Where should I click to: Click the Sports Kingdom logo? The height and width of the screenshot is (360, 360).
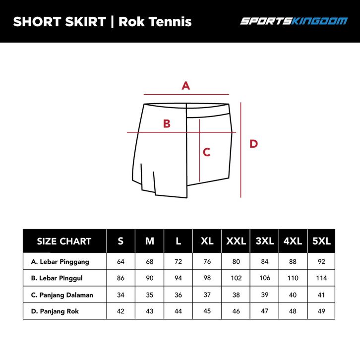pyautogui.click(x=294, y=21)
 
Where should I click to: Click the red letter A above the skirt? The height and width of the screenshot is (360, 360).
pyautogui.click(x=186, y=86)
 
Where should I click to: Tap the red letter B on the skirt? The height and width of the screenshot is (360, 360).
pyautogui.click(x=167, y=123)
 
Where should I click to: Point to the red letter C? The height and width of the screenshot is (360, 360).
pyautogui.click(x=207, y=152)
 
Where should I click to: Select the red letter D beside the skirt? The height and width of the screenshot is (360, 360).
pyautogui.click(x=254, y=144)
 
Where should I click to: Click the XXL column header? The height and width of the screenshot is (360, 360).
pyautogui.click(x=236, y=241)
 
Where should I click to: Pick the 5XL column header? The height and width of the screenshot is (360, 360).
pyautogui.click(x=321, y=241)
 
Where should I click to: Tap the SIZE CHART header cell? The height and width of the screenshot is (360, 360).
pyautogui.click(x=64, y=241)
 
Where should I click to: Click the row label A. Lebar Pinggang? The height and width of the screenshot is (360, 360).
pyautogui.click(x=60, y=262)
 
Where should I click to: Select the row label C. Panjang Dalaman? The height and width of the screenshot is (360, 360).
pyautogui.click(x=62, y=295)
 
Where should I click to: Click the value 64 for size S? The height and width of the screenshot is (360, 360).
pyautogui.click(x=121, y=261)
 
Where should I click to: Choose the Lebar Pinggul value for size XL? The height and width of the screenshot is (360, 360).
pyautogui.click(x=207, y=278)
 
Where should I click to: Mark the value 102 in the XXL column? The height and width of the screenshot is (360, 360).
pyautogui.click(x=236, y=278)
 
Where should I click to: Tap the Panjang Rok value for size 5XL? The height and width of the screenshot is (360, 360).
pyautogui.click(x=321, y=311)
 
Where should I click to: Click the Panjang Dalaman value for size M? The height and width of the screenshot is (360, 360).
pyautogui.click(x=150, y=295)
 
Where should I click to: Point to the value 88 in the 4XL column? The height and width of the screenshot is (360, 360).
pyautogui.click(x=293, y=261)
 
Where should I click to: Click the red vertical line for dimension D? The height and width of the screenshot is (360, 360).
pyautogui.click(x=241, y=150)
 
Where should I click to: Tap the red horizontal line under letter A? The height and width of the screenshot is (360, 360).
pyautogui.click(x=186, y=94)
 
